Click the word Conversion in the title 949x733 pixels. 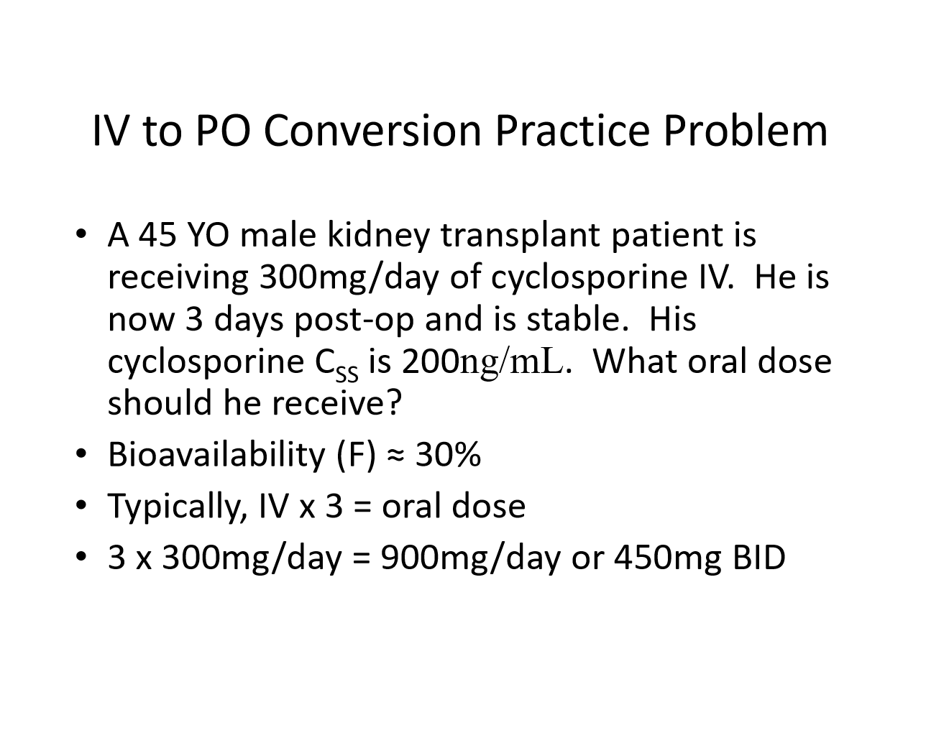(372, 131)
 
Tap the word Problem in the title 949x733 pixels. (745, 131)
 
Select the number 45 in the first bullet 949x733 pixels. (157, 234)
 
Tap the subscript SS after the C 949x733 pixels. (347, 374)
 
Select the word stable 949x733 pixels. (577, 319)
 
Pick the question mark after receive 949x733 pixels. (393, 402)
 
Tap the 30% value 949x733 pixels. (448, 454)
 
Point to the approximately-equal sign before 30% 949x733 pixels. (395, 456)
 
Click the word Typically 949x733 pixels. (178, 507)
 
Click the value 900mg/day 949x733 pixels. (470, 558)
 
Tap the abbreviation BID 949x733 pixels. (759, 558)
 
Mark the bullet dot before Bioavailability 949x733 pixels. (81, 453)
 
